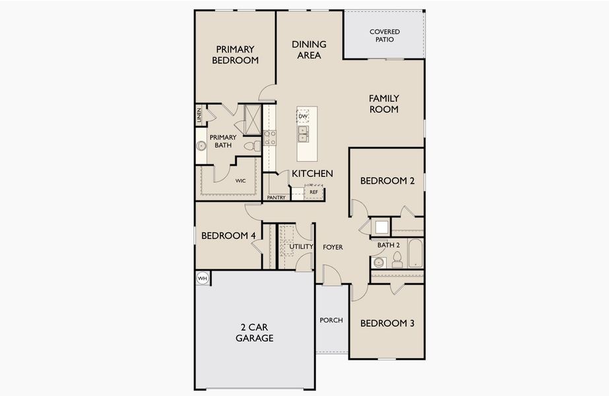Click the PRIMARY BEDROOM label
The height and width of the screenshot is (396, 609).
pos(234,54)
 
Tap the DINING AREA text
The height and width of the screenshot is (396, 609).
pos(309,49)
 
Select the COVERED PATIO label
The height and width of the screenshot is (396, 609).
pos(384,36)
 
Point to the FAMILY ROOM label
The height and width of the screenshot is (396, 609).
pos(383,104)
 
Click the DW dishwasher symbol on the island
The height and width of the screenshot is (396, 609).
pos(303,117)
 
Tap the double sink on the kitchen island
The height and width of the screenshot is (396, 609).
pos(303,135)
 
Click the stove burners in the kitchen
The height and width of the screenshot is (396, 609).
pos(270,137)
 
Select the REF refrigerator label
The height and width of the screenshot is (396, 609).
pos(313,192)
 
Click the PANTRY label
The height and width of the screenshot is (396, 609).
pos(276,197)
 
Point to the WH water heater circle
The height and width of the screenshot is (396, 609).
pos(203,279)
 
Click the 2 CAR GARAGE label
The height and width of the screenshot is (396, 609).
pos(254,333)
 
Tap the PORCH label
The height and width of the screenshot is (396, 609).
pos(331,320)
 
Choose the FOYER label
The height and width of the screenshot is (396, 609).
pos(333,247)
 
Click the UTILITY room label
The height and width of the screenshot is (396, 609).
pos(301,246)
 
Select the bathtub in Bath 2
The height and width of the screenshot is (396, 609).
pos(416,253)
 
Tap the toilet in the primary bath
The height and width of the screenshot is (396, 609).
pos(251,146)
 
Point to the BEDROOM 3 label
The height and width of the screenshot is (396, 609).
pos(387,323)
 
